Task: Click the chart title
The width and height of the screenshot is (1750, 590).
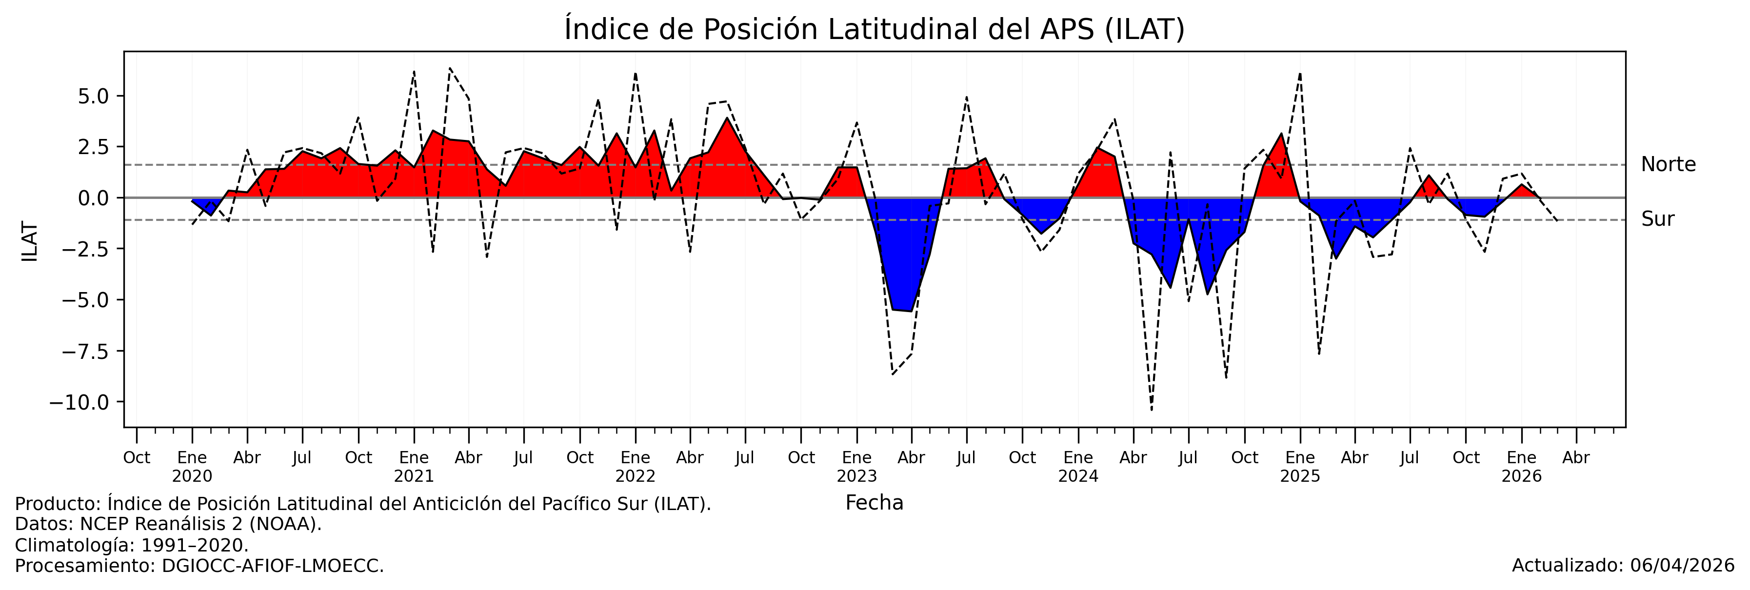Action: (875, 29)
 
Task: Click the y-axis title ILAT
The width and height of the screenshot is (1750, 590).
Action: (30, 242)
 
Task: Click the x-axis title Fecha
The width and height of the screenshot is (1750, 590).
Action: (875, 503)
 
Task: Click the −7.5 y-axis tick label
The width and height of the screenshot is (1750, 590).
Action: (84, 352)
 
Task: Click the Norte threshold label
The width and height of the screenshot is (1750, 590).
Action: (1668, 165)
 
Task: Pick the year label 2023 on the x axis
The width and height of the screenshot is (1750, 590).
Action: (856, 476)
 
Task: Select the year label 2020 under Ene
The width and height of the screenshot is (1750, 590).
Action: (192, 476)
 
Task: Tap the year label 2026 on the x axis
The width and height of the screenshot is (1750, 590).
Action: (1521, 476)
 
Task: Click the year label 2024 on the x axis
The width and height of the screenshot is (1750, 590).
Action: (1078, 476)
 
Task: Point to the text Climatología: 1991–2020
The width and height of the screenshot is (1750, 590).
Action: (132, 545)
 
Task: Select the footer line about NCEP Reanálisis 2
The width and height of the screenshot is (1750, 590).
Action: (168, 524)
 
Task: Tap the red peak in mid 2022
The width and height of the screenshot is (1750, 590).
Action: (727, 119)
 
